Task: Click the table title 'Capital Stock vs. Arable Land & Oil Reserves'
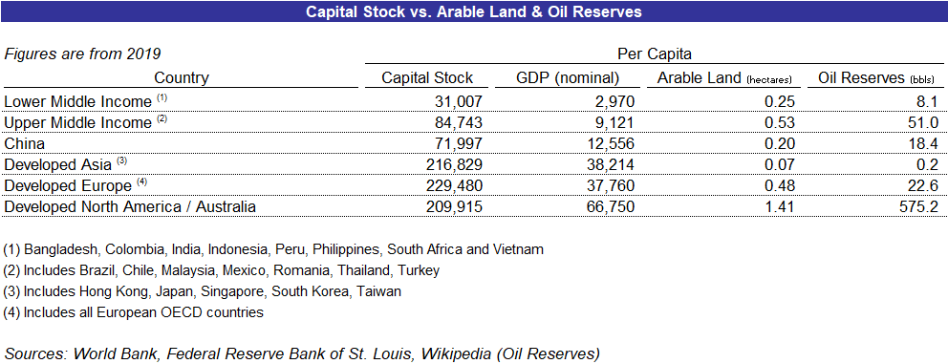473,12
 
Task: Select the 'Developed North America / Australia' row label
130,205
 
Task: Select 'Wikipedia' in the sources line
439,353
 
